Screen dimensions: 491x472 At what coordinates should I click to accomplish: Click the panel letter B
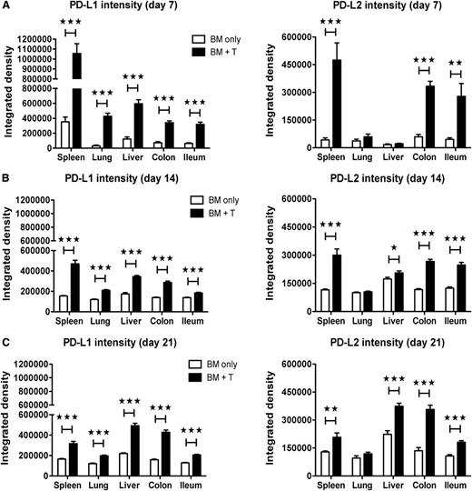(5, 171)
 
